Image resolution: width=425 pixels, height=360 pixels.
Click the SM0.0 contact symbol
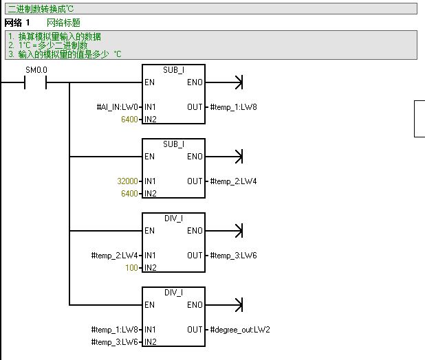click(x=35, y=83)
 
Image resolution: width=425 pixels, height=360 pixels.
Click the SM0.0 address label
click(x=35, y=71)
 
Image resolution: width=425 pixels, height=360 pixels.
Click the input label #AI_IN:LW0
click(x=118, y=107)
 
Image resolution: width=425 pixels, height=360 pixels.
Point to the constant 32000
click(x=129, y=181)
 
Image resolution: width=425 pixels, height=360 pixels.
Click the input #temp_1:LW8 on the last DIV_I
click(x=115, y=330)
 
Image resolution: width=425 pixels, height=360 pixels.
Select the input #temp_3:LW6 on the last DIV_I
click(x=115, y=342)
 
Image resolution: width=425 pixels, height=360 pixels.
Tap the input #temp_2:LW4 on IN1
click(x=115, y=256)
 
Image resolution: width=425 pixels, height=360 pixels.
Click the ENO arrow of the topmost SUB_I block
click(x=238, y=82)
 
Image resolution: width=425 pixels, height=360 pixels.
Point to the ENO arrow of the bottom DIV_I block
click(x=238, y=305)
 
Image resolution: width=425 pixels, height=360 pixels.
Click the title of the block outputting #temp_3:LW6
click(x=173, y=218)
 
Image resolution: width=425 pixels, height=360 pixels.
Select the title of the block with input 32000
click(x=173, y=144)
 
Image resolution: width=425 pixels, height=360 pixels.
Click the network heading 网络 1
click(x=17, y=23)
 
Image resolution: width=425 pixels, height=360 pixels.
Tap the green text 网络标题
click(x=63, y=23)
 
